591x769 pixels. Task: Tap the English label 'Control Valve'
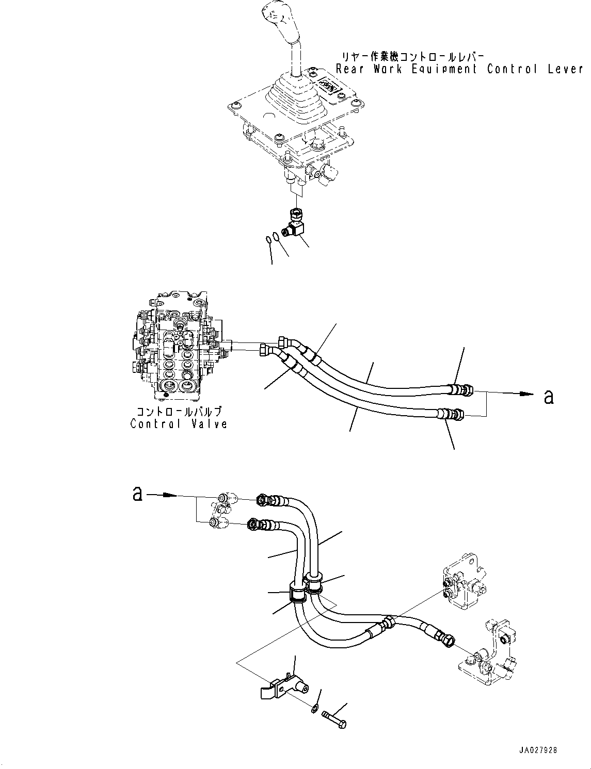pyautogui.click(x=179, y=424)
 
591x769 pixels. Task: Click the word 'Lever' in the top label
pyautogui.click(x=565, y=69)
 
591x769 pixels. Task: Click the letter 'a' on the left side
pyautogui.click(x=137, y=494)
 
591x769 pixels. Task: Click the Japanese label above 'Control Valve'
pyautogui.click(x=179, y=412)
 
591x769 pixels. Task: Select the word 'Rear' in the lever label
pyautogui.click(x=350, y=69)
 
